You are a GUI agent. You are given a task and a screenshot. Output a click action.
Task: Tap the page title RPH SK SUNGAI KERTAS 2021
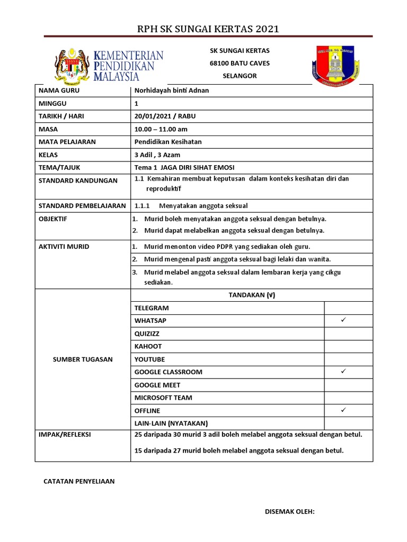click(208, 29)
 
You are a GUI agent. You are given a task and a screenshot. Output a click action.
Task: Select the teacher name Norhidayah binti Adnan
click(172, 91)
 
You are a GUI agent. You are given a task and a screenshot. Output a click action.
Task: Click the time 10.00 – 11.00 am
click(161, 129)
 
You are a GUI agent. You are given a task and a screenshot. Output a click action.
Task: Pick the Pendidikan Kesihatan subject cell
click(168, 142)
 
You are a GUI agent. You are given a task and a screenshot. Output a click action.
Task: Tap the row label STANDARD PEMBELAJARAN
click(82, 206)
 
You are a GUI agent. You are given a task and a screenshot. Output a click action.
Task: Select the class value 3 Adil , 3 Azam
click(157, 155)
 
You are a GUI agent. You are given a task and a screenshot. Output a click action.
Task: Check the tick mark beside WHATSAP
click(343, 320)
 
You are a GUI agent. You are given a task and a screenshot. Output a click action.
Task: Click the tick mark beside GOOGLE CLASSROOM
click(343, 372)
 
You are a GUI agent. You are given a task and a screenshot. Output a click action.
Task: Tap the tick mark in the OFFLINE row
click(343, 410)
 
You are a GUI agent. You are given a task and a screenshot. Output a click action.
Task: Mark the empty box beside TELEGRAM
click(348, 308)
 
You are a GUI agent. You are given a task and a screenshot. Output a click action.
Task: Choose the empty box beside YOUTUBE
click(348, 359)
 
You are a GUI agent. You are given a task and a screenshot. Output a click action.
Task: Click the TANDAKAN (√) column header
click(252, 295)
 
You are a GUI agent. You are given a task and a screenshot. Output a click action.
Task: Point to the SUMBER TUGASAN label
click(83, 359)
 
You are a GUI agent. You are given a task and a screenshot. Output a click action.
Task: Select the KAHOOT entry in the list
click(148, 346)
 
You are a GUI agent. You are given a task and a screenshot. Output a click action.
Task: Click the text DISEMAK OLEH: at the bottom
click(290, 511)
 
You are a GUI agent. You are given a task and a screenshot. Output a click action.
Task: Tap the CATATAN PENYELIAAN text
click(78, 482)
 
